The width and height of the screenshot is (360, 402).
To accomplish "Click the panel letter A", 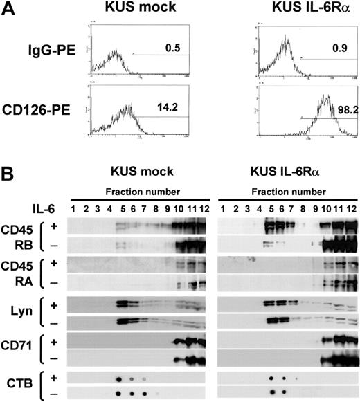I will click(9, 10).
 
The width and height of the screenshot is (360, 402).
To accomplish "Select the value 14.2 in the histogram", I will click(165, 107).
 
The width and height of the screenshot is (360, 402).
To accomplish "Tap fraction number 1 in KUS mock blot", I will click(73, 207).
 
